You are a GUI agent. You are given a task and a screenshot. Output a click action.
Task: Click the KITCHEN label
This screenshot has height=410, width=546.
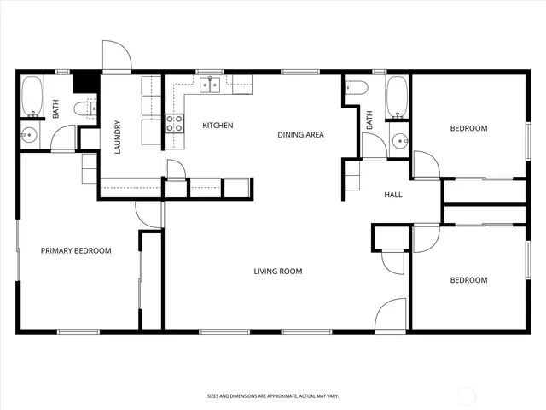(x=218, y=126)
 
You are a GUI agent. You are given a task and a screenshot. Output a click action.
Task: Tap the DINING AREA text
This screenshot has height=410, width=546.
(x=300, y=134)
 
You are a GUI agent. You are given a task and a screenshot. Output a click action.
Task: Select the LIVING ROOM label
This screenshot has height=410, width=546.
(x=278, y=272)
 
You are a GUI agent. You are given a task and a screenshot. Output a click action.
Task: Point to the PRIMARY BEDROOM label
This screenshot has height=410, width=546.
(x=77, y=250)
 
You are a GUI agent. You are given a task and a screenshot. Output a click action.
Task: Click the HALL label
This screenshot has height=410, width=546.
(x=393, y=195)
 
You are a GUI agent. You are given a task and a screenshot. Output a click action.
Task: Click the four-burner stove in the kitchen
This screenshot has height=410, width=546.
(x=174, y=123)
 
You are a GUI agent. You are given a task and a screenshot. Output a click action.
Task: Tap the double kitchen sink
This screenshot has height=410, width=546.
(x=211, y=84)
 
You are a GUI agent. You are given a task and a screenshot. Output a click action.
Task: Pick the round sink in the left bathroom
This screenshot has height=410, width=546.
(x=30, y=134)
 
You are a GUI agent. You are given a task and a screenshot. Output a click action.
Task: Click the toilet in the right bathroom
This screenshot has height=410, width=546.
(x=356, y=86)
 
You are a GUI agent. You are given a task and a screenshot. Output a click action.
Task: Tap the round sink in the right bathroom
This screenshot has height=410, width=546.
(x=399, y=140)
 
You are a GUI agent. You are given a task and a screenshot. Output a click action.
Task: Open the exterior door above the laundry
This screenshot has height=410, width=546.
(x=116, y=58)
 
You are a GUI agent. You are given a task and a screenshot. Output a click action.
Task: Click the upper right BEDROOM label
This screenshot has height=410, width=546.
(x=468, y=128)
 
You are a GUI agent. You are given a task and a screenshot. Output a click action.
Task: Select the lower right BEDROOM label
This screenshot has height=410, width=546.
(x=468, y=280)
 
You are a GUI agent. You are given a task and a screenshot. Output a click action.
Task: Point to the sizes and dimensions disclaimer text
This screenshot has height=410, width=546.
(x=272, y=395)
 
